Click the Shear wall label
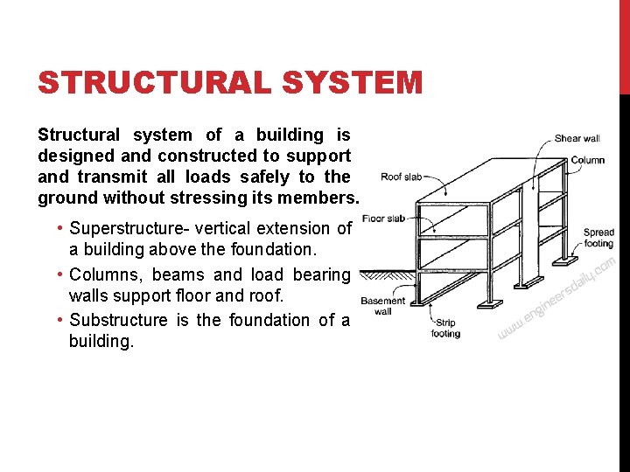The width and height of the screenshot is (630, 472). [577, 138]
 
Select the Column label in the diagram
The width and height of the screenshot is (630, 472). [587, 160]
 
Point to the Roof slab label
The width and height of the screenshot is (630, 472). [401, 177]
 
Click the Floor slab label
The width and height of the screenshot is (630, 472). [383, 218]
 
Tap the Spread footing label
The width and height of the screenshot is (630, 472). [598, 238]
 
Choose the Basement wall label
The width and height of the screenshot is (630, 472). [382, 306]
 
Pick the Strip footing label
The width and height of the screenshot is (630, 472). [445, 329]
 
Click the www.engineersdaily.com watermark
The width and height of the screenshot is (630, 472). [556, 297]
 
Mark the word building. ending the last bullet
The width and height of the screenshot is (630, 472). [101, 341]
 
